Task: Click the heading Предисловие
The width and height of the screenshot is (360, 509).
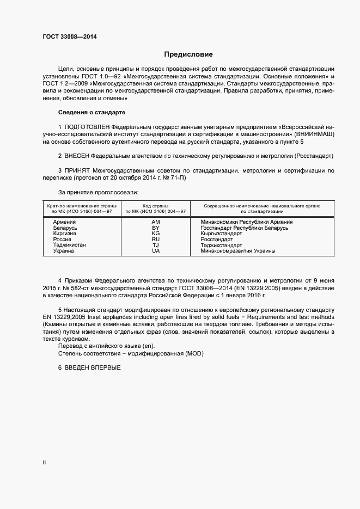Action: click(188, 54)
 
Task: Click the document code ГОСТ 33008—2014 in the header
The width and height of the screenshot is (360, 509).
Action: click(71, 37)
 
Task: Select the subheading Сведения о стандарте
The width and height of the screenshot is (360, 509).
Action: click(91, 112)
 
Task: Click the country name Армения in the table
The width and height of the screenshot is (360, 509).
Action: click(64, 222)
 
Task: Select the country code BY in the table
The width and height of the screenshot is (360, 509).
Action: click(156, 228)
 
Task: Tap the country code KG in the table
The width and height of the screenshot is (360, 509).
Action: click(156, 234)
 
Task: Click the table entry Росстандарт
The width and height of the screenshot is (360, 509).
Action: click(216, 240)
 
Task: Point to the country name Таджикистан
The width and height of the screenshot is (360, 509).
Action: click(69, 246)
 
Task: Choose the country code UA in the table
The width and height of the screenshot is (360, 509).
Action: click(156, 251)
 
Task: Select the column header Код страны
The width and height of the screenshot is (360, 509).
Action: click(156, 206)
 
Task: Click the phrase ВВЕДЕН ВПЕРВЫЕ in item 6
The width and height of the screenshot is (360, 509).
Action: click(93, 367)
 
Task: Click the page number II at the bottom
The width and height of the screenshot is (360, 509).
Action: click(44, 463)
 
